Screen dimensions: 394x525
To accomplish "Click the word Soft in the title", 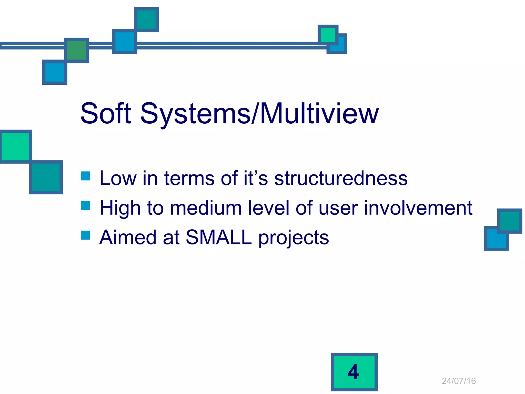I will tap(106, 113).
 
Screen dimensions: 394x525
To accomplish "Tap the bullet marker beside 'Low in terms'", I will tap(85, 176).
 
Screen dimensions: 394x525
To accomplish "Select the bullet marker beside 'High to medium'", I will tap(85, 205).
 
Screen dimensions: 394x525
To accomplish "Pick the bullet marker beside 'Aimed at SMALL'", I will tap(85, 235).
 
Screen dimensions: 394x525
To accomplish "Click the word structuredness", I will tap(341, 178).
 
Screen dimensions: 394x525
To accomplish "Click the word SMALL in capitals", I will tap(219, 237).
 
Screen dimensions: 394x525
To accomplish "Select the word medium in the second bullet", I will tap(206, 208).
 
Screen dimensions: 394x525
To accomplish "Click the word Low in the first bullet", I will tap(118, 178).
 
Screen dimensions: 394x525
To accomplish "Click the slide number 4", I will tap(354, 372).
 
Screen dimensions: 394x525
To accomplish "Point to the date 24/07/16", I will tap(459, 381).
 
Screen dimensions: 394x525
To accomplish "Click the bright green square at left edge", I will tap(15, 146).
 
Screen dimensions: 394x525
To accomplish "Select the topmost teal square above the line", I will tap(146, 20).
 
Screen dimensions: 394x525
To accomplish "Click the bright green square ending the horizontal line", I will tap(328, 35).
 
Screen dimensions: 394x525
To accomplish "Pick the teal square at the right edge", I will tap(509, 221).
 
